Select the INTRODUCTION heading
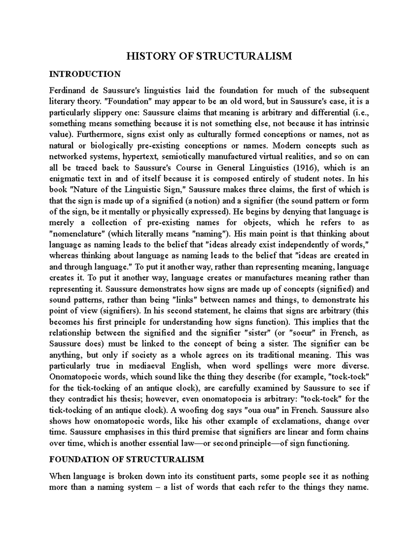85,74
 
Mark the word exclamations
298,421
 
